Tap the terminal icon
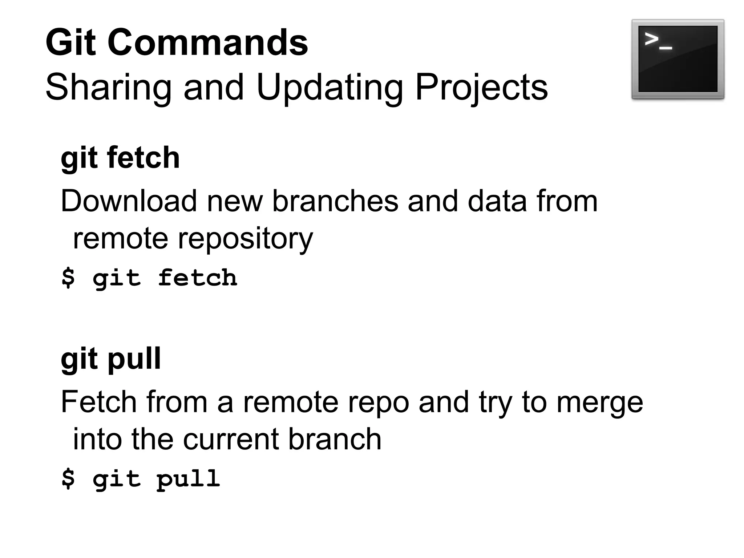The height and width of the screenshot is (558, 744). point(678,59)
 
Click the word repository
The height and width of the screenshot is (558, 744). point(245,239)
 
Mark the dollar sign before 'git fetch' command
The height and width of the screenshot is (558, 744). point(68,278)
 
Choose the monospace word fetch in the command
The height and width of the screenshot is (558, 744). point(198,278)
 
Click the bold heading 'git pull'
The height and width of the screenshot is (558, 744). point(111,359)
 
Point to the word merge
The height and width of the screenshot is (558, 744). point(600,403)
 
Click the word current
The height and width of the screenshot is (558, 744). point(232,439)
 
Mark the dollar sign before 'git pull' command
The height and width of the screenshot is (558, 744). point(68,478)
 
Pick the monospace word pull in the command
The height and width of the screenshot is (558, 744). point(189,479)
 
